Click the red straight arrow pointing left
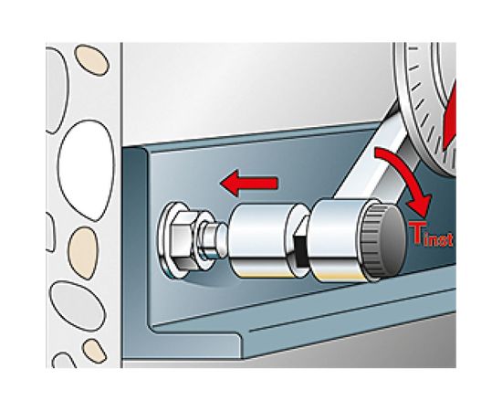tap(249, 183)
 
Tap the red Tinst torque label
tap(431, 235)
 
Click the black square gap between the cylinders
tap(300, 250)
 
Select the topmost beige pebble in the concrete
tap(92, 60)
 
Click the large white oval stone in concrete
tap(86, 171)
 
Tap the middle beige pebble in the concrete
tap(83, 253)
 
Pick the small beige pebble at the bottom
tap(94, 352)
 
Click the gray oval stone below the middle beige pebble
tap(78, 306)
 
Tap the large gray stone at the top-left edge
tap(57, 90)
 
